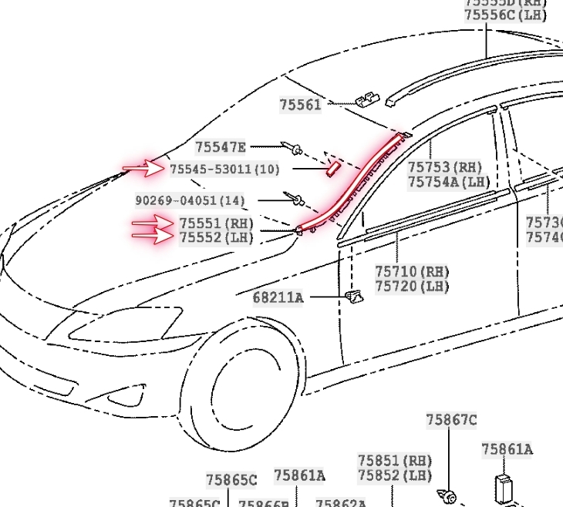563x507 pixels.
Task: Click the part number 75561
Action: pos(300,105)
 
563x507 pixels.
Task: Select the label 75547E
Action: pos(220,147)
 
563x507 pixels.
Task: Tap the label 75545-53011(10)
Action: pos(224,169)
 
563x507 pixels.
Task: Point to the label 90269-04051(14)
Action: pos(190,200)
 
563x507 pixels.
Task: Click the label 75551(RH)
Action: pos(216,223)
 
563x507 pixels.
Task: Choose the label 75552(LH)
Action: pos(216,238)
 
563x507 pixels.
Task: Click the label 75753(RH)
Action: pos(444,167)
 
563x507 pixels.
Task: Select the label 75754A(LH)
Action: pos(449,182)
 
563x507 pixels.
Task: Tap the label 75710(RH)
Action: pos(412,272)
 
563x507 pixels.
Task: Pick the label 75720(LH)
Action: pos(412,287)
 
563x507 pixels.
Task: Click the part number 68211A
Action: pos(278,297)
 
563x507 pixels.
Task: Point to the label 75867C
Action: pos(451,420)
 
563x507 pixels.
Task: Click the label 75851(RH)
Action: pos(394,460)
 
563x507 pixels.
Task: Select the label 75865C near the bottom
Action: pos(231,480)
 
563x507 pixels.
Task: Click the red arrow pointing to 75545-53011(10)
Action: pos(144,168)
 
